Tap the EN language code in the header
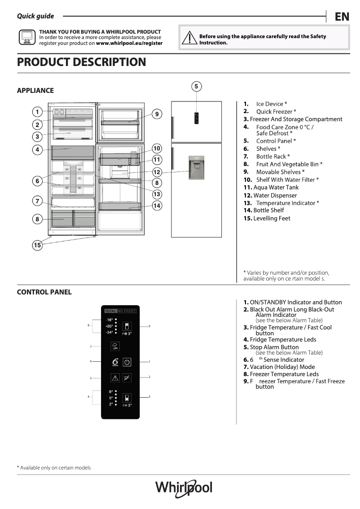342,17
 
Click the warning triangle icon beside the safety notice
190,39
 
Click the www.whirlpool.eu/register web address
129,44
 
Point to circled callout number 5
196,86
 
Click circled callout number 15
37,245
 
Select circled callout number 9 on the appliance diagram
157,114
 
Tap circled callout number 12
157,172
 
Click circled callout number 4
37,149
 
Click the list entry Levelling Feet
267,219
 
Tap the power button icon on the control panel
127,362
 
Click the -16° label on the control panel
110,320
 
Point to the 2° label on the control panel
111,404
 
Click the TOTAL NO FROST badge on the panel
120,311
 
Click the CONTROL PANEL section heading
44,292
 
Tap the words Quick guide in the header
35,16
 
